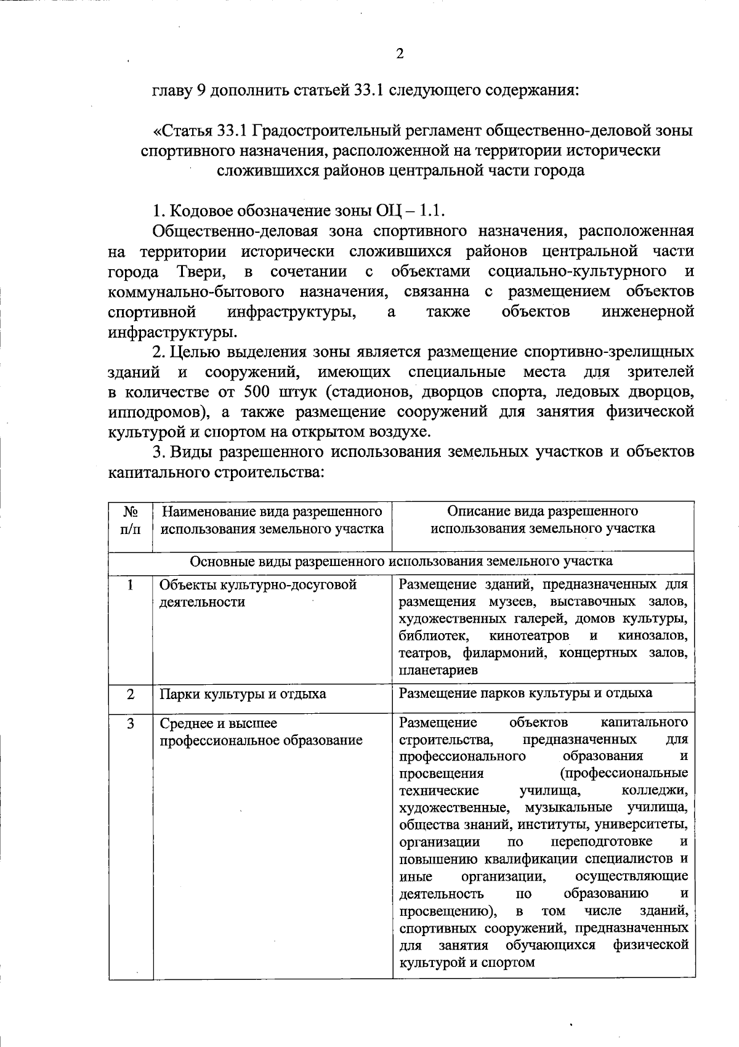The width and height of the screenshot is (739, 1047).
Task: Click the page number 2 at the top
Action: point(400,54)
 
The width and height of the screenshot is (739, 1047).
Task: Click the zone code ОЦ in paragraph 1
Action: point(387,211)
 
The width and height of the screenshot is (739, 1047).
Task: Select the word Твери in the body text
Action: point(196,271)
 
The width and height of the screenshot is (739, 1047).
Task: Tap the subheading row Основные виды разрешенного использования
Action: point(401,561)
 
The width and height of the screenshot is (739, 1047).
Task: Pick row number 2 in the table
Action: point(131,694)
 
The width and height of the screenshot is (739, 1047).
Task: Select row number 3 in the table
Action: point(131,723)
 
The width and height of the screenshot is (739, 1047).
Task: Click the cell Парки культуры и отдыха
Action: point(243,694)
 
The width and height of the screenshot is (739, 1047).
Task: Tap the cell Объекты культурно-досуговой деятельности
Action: point(258,593)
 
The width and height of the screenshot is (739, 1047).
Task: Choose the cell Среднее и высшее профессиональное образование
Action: point(260,732)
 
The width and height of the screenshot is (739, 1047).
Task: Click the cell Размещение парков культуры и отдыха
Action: point(525,693)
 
